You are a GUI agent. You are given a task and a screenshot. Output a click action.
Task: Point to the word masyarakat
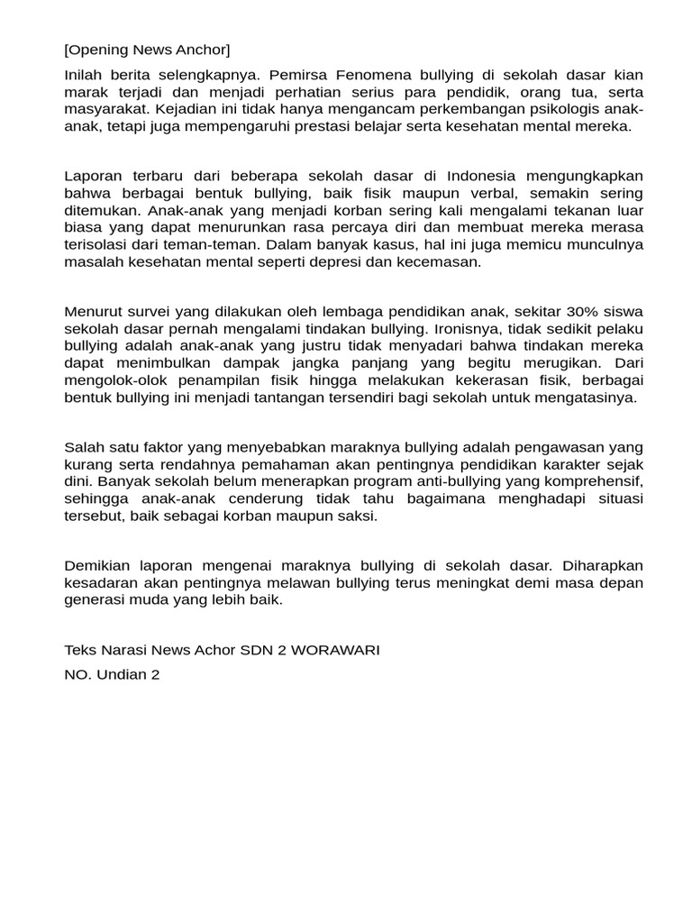(107, 109)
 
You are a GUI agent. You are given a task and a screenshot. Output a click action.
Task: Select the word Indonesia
(491, 176)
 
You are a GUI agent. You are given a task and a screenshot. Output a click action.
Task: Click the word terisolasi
(104, 244)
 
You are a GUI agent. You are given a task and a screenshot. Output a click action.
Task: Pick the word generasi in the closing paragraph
(93, 599)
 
